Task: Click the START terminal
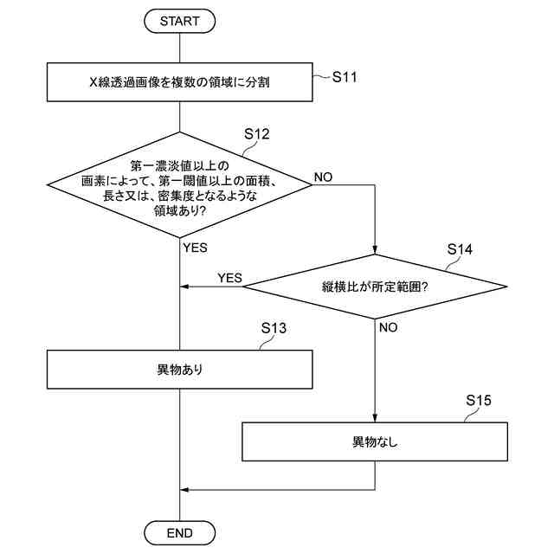[x=179, y=21]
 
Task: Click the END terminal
[x=179, y=531]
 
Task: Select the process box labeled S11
[x=179, y=85]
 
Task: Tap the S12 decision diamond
[x=179, y=184]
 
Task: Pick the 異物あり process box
[x=179, y=370]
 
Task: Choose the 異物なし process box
[x=375, y=441]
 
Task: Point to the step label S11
[x=345, y=77]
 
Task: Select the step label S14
[x=460, y=249]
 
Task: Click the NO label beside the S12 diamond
[x=323, y=177]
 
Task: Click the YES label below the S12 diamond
[x=196, y=247]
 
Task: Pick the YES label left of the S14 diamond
[x=229, y=278]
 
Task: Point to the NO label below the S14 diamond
[x=389, y=328]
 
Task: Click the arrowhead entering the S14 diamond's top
[x=376, y=248]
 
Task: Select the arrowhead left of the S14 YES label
[x=184, y=287]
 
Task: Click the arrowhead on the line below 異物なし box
[x=184, y=490]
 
